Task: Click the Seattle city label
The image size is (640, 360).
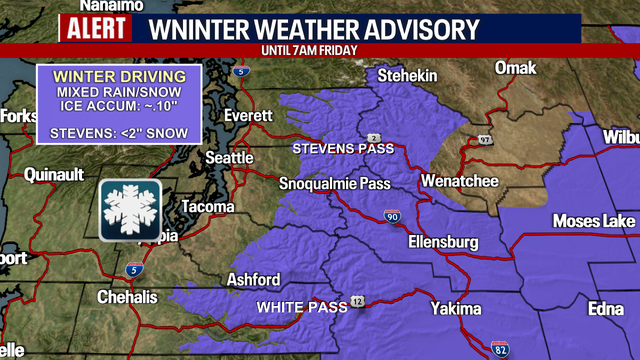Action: point(229,158)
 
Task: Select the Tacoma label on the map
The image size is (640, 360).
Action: point(207,207)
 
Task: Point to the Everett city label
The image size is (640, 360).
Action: point(248,115)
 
